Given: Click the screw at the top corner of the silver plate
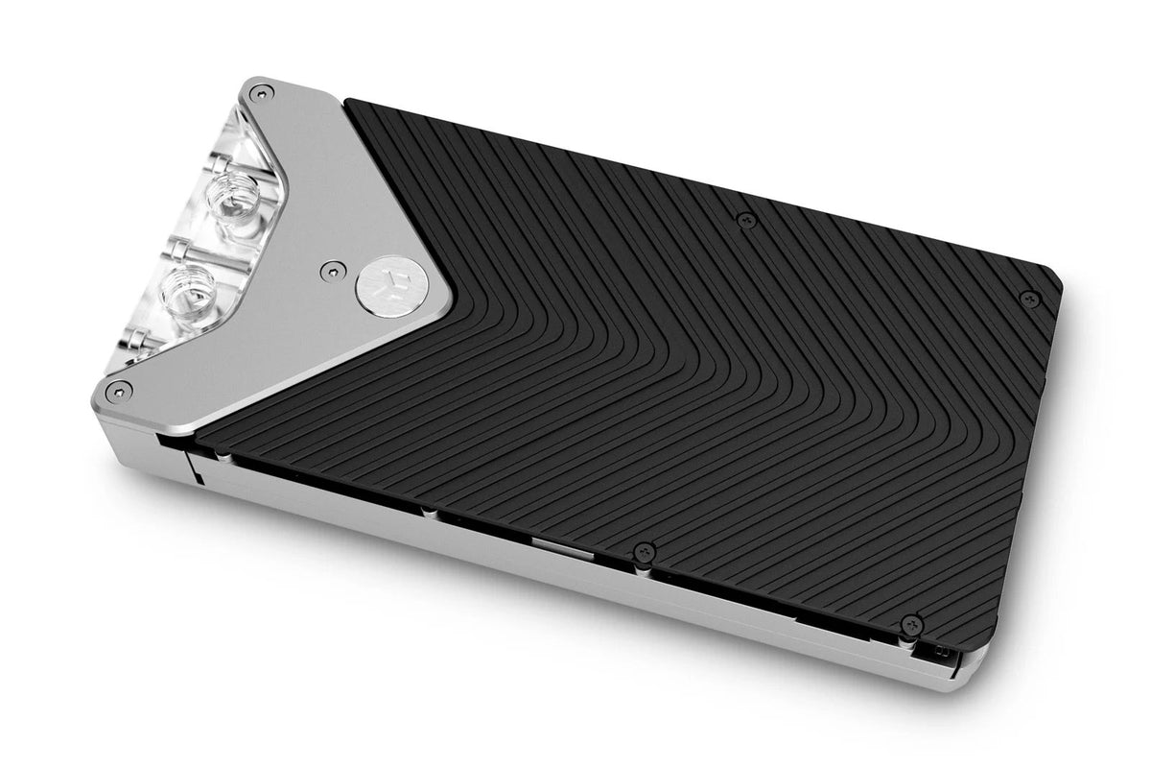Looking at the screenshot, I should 258,92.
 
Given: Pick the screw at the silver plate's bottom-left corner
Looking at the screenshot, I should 119,389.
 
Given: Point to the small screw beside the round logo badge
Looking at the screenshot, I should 331,271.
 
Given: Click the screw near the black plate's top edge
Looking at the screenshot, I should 744,220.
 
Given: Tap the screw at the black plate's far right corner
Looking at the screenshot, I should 1028,298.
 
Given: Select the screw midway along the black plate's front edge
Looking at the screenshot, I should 644,552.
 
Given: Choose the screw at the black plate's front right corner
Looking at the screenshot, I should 912,625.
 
